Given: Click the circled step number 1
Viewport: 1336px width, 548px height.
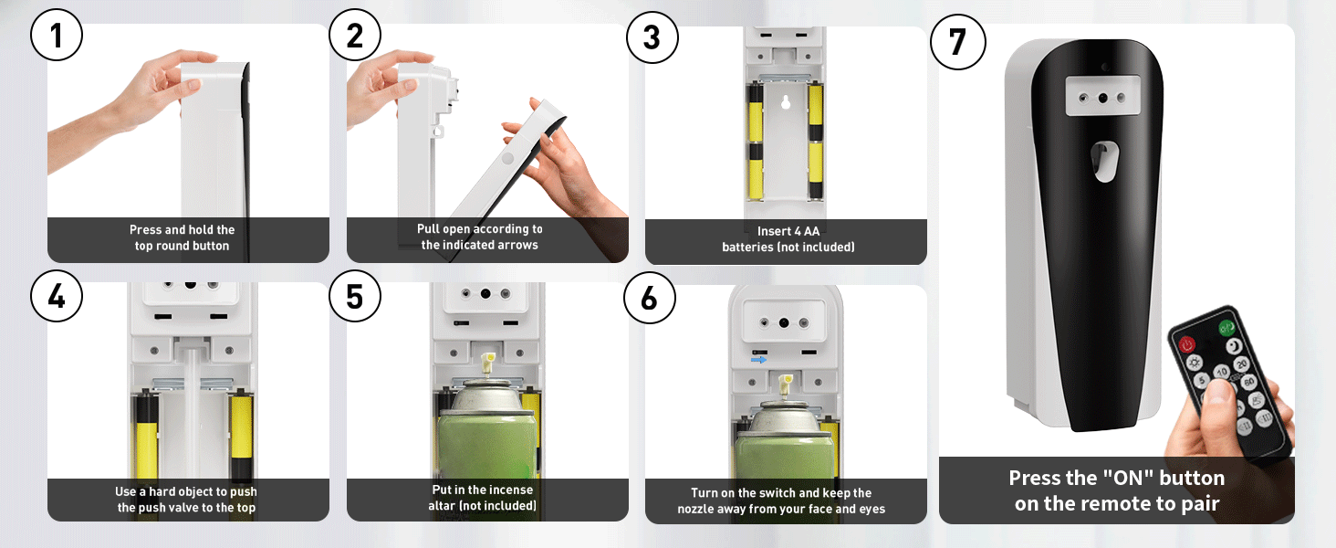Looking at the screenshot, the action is coord(57,35).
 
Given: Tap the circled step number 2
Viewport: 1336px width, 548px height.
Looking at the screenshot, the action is coord(355,35).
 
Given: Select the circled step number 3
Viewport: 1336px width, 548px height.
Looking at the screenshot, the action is coord(652,37).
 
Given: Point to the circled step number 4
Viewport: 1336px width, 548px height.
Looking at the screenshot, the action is coord(57,296).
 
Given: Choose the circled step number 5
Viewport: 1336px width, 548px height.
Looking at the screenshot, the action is coord(355,296).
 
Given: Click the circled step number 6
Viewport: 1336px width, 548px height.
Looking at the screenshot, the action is coord(650,297).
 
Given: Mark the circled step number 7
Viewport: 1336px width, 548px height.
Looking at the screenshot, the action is coord(958,42).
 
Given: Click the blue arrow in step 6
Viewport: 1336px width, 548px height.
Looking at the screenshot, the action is coord(758,359).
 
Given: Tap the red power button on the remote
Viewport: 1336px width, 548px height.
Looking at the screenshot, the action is coord(1187,344).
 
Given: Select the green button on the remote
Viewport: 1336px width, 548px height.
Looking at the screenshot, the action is coord(1226,328).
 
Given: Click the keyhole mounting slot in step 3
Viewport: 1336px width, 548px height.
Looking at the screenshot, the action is coord(786,102).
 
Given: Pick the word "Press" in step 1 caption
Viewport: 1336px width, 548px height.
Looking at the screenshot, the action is coord(145,229).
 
